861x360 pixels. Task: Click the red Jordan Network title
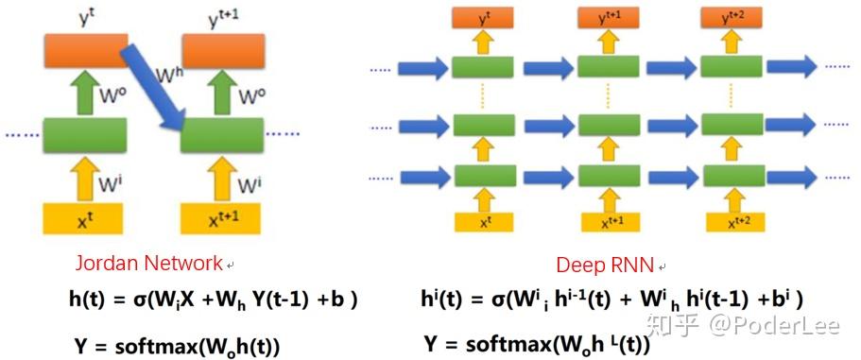(150, 263)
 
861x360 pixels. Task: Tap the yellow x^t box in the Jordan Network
(84, 218)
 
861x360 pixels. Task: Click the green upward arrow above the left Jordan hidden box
(84, 94)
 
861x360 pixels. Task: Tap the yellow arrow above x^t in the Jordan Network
(84, 178)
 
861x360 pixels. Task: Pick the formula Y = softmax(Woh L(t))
(537, 345)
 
